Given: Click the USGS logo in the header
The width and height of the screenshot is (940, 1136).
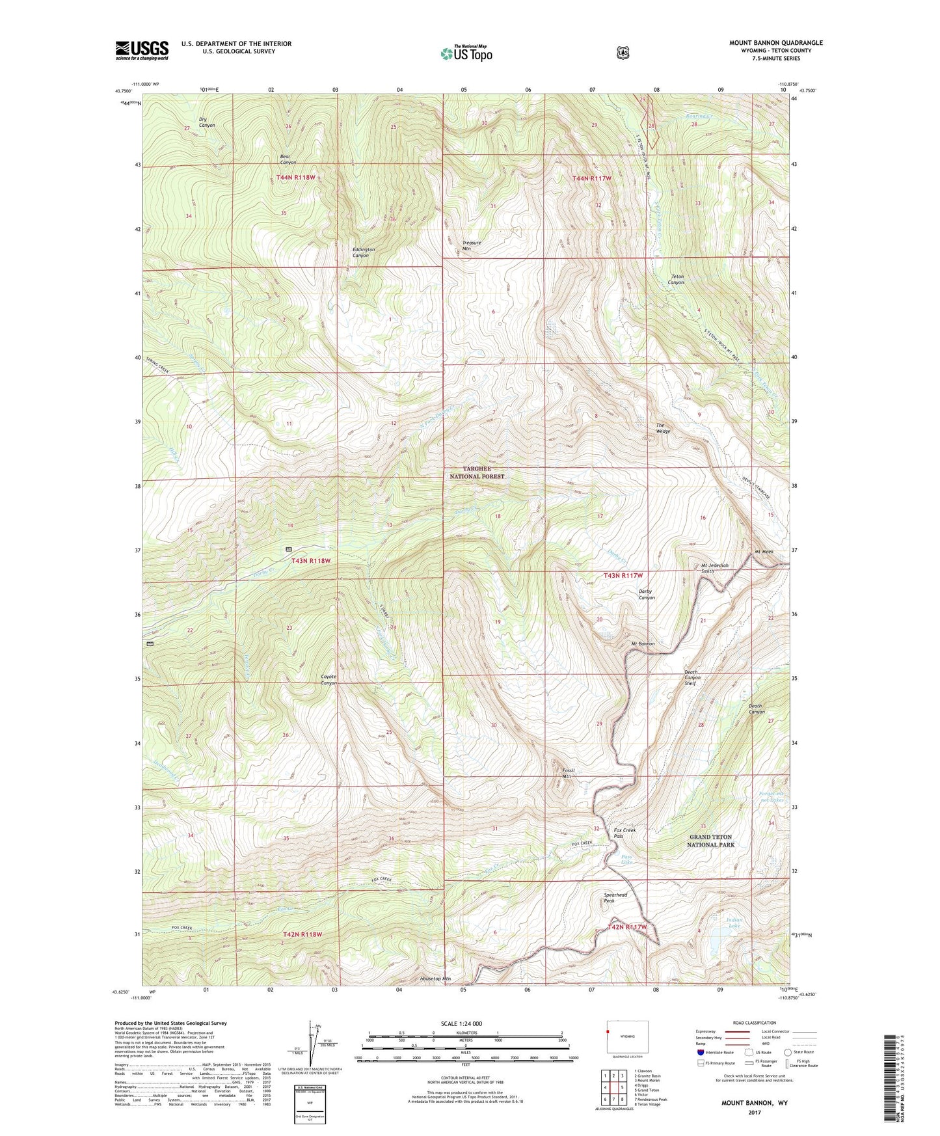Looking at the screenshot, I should [x=142, y=50].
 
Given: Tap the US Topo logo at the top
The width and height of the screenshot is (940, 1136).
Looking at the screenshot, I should [x=465, y=53].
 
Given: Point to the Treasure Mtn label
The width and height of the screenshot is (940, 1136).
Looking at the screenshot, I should [x=472, y=245].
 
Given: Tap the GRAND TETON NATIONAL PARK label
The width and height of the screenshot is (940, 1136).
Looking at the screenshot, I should [x=710, y=841].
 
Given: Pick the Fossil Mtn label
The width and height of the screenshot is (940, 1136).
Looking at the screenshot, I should [x=570, y=773].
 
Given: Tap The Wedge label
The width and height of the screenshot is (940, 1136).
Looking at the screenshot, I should [x=662, y=428].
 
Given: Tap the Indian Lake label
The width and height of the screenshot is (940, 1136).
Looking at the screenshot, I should [x=734, y=923].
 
